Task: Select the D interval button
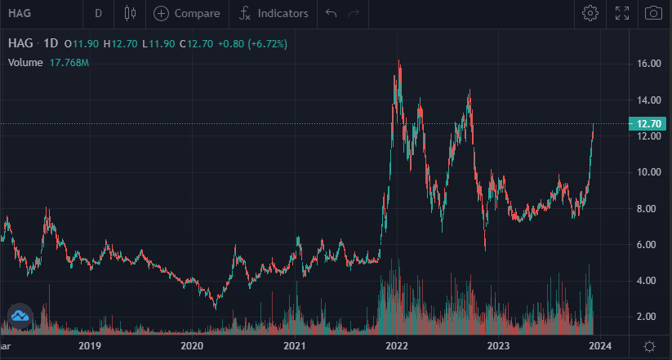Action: (x=99, y=13)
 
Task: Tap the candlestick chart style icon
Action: (x=130, y=13)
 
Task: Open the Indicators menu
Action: (x=274, y=13)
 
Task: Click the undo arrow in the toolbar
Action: (x=331, y=13)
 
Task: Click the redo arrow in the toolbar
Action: (x=354, y=13)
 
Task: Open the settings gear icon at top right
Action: (x=590, y=13)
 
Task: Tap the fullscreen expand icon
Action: (x=622, y=13)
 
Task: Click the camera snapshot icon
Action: (x=653, y=13)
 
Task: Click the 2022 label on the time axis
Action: (x=397, y=346)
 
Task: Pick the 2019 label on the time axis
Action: (x=90, y=346)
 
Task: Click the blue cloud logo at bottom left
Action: (x=20, y=315)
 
